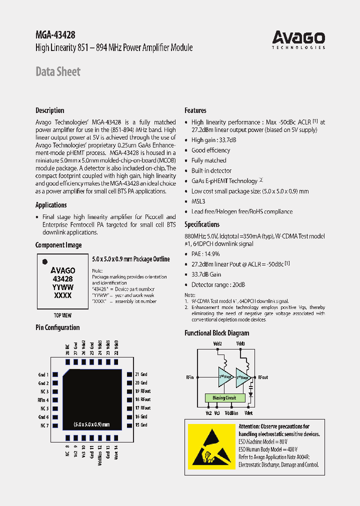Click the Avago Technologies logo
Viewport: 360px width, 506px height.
pyautogui.click(x=298, y=39)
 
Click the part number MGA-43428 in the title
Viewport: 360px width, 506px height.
pyautogui.click(x=55, y=35)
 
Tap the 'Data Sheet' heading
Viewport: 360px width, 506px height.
pyautogui.click(x=57, y=72)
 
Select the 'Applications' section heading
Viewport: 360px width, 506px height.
pyautogui.click(x=51, y=205)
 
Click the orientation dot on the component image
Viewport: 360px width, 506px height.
pyautogui.click(x=44, y=261)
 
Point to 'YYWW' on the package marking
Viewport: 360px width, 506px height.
pyautogui.click(x=63, y=287)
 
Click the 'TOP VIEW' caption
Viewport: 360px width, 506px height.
pyautogui.click(x=62, y=315)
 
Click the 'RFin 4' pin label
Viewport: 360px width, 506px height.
pyautogui.click(x=43, y=400)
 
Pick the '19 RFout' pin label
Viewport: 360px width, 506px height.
pyautogui.click(x=143, y=391)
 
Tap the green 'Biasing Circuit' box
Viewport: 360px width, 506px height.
pyautogui.click(x=225, y=398)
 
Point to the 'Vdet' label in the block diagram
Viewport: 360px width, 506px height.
pyautogui.click(x=248, y=413)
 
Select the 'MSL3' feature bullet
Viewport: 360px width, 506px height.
pyautogui.click(x=198, y=201)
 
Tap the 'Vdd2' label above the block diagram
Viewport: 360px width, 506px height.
pyautogui.click(x=217, y=344)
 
